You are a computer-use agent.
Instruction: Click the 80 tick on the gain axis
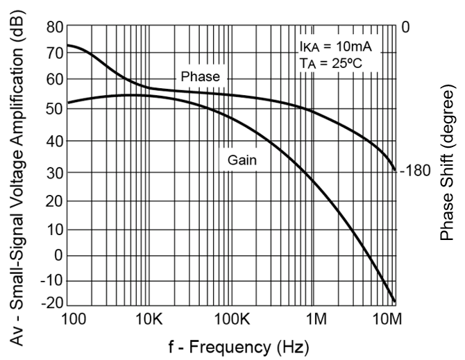coord(54,27)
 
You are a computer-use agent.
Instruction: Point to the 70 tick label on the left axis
coord(54,52)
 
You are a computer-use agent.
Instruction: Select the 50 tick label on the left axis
coord(54,108)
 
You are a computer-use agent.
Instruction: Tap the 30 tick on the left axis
coord(54,173)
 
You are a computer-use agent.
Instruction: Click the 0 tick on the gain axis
coord(58,255)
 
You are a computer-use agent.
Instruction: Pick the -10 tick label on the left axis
coord(51,281)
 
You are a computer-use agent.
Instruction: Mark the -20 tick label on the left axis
coord(51,304)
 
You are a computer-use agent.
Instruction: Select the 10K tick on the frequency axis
coord(149,320)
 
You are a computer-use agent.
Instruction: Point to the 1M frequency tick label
coord(316,320)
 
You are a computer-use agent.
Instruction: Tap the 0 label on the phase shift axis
coord(405,27)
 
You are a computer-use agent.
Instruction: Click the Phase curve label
coord(199,76)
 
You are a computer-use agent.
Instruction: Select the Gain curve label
coord(243,160)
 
